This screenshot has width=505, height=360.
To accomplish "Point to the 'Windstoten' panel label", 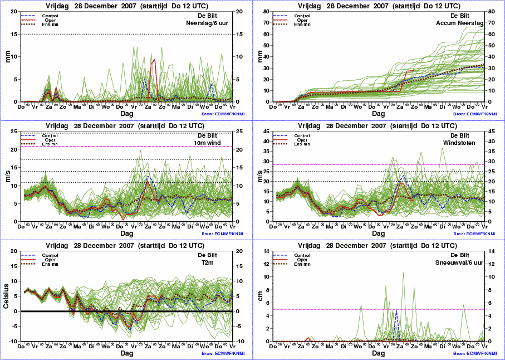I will [468, 143].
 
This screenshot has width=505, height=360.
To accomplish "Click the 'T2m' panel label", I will [223, 263].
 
